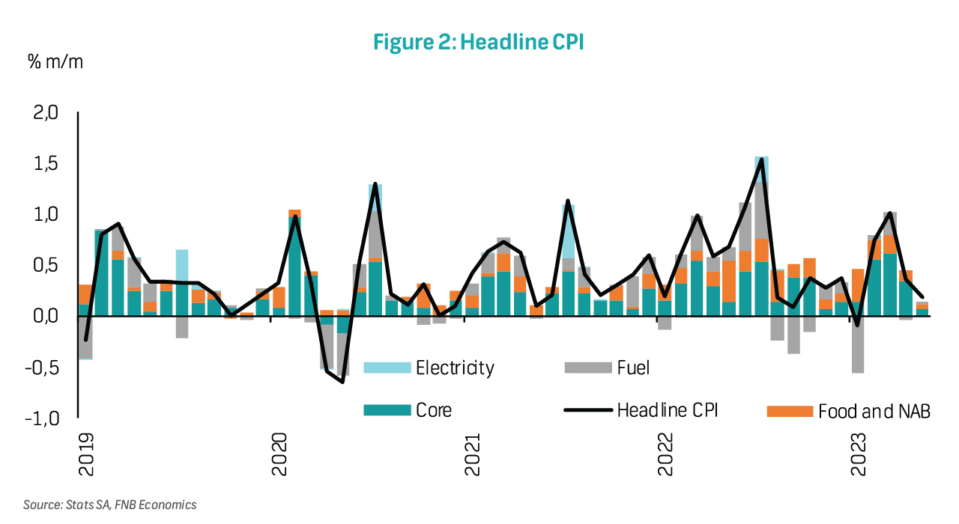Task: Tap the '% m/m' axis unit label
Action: [55, 61]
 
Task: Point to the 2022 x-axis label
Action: [667, 454]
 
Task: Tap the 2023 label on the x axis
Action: [860, 454]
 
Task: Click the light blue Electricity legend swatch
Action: [387, 368]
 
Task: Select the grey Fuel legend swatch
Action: [587, 368]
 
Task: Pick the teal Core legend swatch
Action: [387, 410]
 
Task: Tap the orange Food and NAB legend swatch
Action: [790, 411]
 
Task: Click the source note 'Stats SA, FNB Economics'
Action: [109, 505]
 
